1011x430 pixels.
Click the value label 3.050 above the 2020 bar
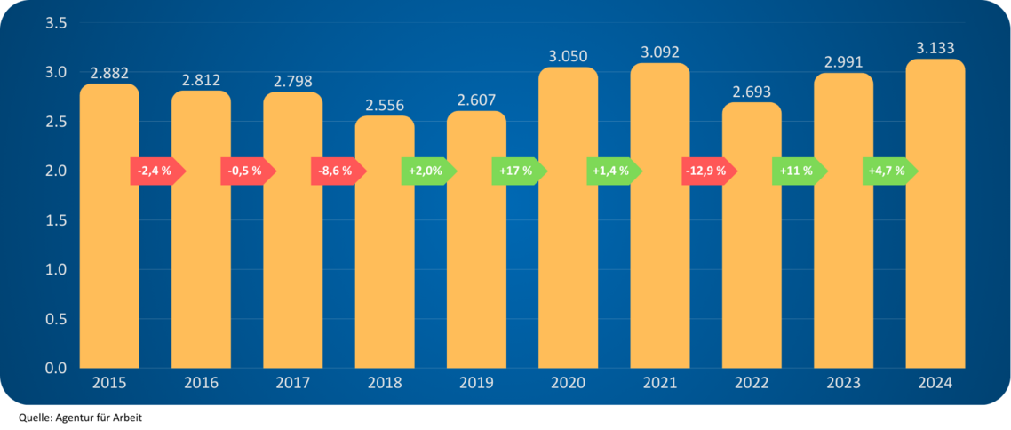pyautogui.click(x=569, y=57)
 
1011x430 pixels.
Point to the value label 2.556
pyautogui.click(x=385, y=106)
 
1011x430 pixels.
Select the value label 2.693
pyautogui.click(x=752, y=92)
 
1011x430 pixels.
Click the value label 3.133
pyautogui.click(x=935, y=48)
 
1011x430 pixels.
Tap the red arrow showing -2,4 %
pyautogui.click(x=156, y=171)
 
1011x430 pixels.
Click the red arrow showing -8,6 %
pyautogui.click(x=337, y=171)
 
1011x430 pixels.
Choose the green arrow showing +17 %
pyautogui.click(x=518, y=171)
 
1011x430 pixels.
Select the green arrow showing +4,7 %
pyautogui.click(x=888, y=171)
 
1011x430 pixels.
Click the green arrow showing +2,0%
pyautogui.click(x=427, y=171)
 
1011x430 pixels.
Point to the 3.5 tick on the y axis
pyautogui.click(x=57, y=23)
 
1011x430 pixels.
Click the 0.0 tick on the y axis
pyautogui.click(x=57, y=368)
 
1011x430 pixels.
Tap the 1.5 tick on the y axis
pyautogui.click(x=57, y=220)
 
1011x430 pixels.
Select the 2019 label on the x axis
pyautogui.click(x=476, y=384)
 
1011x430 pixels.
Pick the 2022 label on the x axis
pyautogui.click(x=752, y=384)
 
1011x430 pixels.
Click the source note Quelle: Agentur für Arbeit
pyautogui.click(x=79, y=417)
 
